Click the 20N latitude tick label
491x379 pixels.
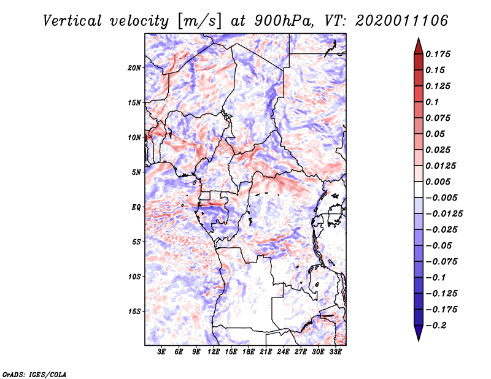click(x=135, y=67)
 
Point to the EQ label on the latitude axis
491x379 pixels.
click(x=137, y=207)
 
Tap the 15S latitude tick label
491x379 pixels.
click(x=135, y=312)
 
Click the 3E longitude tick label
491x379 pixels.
click(x=162, y=352)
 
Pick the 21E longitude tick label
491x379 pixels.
click(x=266, y=352)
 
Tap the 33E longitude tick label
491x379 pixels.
click(x=335, y=352)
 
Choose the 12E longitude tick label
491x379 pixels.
click(x=214, y=352)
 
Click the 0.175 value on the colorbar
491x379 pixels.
click(x=439, y=54)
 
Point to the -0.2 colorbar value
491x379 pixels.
click(x=437, y=325)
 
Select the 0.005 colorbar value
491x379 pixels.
click(x=439, y=182)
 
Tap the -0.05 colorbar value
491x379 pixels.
click(x=437, y=245)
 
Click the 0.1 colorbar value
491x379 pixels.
click(x=433, y=102)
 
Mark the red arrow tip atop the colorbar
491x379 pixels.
click(x=418, y=42)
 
